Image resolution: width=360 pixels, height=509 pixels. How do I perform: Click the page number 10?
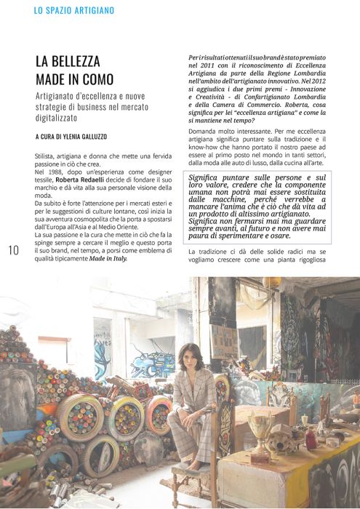point(13,251)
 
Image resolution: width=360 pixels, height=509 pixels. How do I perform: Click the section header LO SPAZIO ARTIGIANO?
point(73,11)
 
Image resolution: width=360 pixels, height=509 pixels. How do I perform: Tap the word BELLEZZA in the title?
point(79,62)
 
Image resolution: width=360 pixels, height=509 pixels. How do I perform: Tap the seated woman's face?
point(191,356)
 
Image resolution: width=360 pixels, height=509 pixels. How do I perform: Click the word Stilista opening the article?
point(47,156)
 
